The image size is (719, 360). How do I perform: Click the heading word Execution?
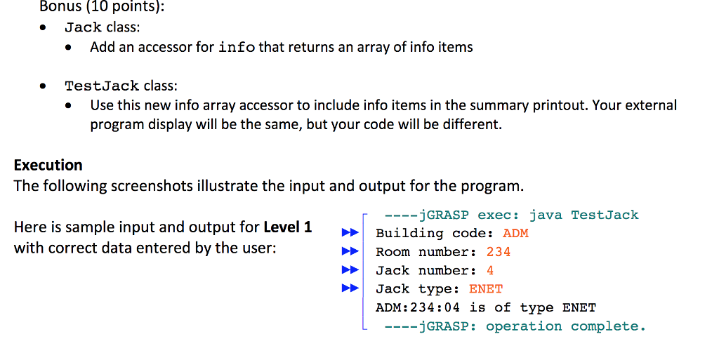pos(48,165)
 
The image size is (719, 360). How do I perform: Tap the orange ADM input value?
pos(515,233)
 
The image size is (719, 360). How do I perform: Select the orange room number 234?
pos(499,252)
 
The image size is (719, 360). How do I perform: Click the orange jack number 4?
pos(490,270)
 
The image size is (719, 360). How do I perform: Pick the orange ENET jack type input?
pos(486,289)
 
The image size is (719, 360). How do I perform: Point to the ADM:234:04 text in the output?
pos(418,307)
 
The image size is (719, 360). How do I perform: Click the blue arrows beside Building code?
pos(350,233)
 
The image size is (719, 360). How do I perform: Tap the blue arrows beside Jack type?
pos(350,288)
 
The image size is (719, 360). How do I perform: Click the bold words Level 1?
pos(288,227)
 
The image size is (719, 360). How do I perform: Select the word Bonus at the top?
pos(60,7)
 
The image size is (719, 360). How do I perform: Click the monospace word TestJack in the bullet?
pos(102,86)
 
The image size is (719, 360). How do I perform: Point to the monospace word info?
pos(237,47)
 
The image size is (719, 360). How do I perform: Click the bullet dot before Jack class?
pos(43,27)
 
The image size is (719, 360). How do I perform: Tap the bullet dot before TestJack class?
pos(43,86)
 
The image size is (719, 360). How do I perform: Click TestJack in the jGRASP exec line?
pos(605,215)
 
